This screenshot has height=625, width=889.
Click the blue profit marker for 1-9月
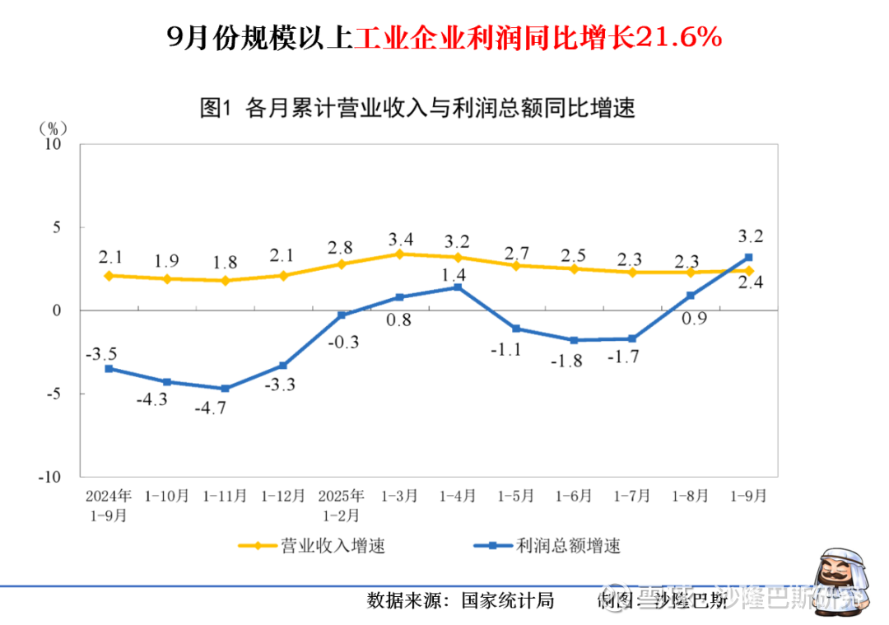[748, 257]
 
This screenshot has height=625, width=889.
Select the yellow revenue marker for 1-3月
[399, 254]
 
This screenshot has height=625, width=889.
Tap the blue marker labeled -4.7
[226, 389]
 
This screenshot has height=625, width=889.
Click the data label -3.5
[101, 354]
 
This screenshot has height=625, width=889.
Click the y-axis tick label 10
[54, 143]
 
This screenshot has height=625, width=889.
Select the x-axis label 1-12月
[283, 497]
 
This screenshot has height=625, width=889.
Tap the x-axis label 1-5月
[516, 497]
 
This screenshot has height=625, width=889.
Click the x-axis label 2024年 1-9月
[109, 506]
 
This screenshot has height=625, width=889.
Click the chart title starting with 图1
[417, 108]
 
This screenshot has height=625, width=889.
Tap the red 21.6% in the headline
[680, 37]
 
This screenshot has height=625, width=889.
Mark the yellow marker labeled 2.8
[342, 264]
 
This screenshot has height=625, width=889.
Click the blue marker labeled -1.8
[574, 340]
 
